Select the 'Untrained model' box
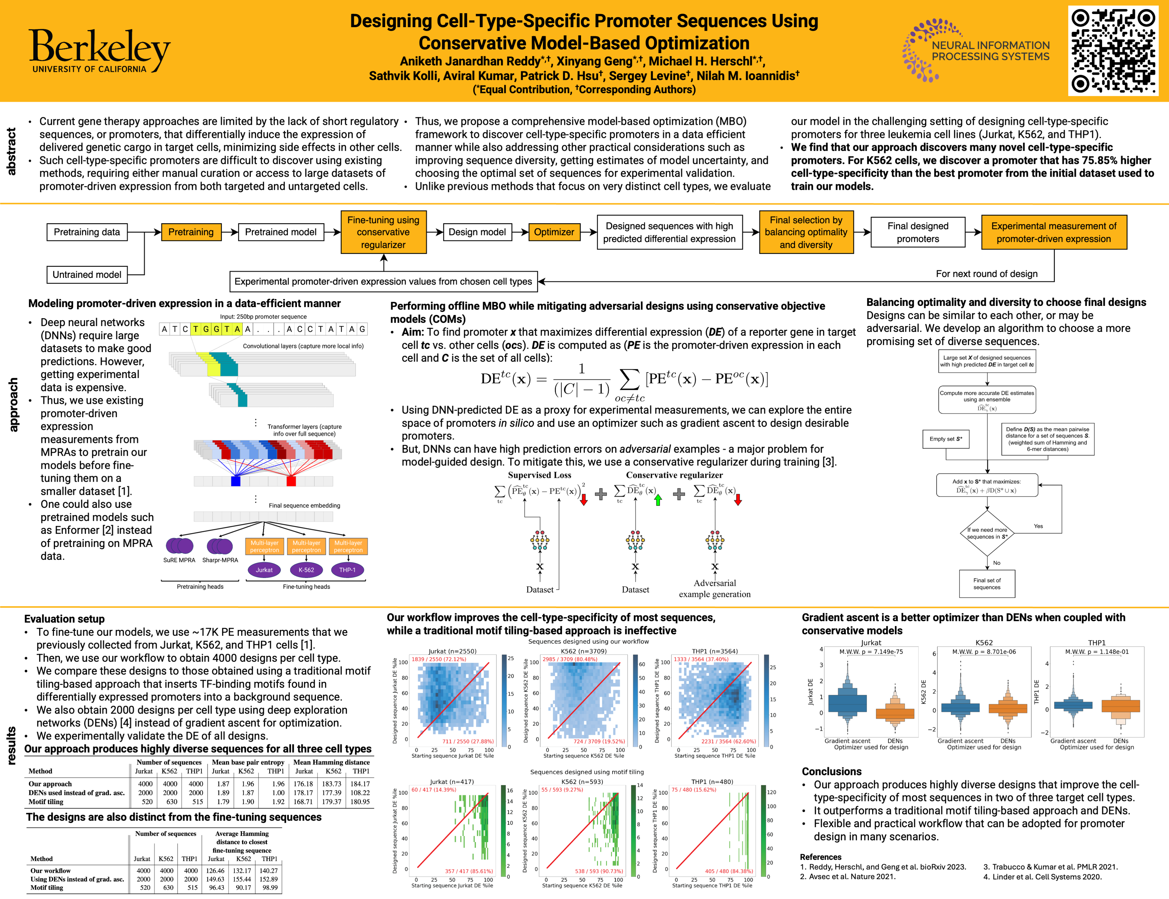click(x=87, y=274)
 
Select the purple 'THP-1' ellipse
click(x=348, y=570)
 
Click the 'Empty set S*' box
click(x=946, y=439)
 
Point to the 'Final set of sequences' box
click(x=986, y=584)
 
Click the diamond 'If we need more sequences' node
click(x=986, y=533)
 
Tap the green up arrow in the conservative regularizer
click(x=658, y=500)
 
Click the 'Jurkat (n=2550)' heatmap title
click(x=452, y=651)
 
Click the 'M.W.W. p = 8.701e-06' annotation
click(x=984, y=652)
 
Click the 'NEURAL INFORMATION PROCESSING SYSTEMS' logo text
click(x=990, y=51)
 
